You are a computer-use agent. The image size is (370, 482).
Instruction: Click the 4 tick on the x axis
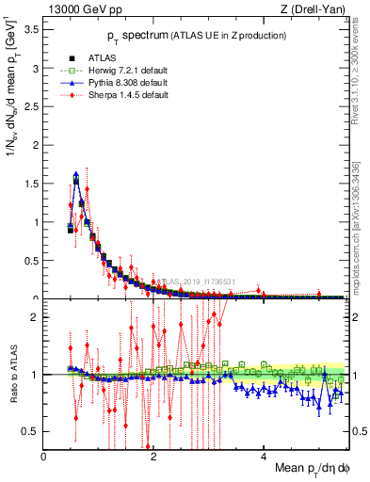(x=264, y=457)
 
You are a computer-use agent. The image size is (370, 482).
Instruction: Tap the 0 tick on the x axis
(x=43, y=457)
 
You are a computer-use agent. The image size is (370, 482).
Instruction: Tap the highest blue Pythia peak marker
(x=76, y=174)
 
